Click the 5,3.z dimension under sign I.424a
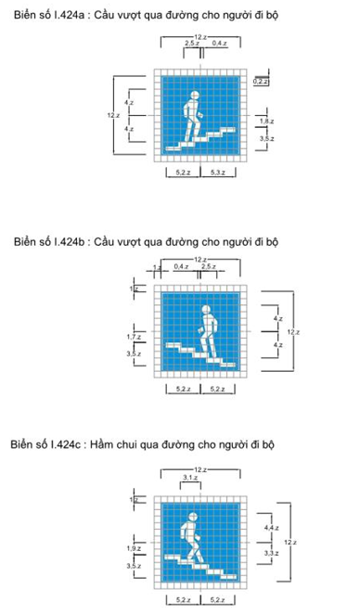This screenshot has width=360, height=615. click(221, 173)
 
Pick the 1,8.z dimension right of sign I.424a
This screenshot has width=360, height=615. click(266, 122)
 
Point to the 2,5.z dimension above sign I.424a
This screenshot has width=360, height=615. click(191, 44)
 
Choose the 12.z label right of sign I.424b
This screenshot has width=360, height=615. click(293, 331)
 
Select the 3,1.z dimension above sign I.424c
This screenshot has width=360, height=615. click(189, 477)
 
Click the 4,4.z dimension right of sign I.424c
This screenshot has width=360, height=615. click(271, 527)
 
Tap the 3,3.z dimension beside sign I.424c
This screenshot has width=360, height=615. click(271, 552)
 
